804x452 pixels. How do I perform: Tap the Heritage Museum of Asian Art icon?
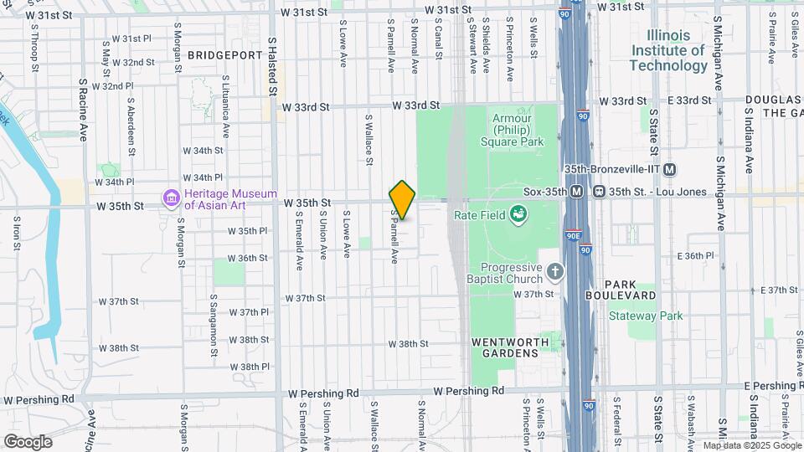point(172,198)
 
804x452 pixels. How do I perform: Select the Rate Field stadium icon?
point(520,216)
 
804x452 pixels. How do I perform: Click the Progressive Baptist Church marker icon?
point(554,271)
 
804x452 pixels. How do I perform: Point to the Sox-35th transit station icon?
point(578,192)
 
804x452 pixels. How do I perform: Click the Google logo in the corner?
point(27,441)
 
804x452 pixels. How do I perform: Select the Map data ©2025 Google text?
point(751,446)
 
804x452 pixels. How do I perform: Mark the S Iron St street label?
point(17,237)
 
